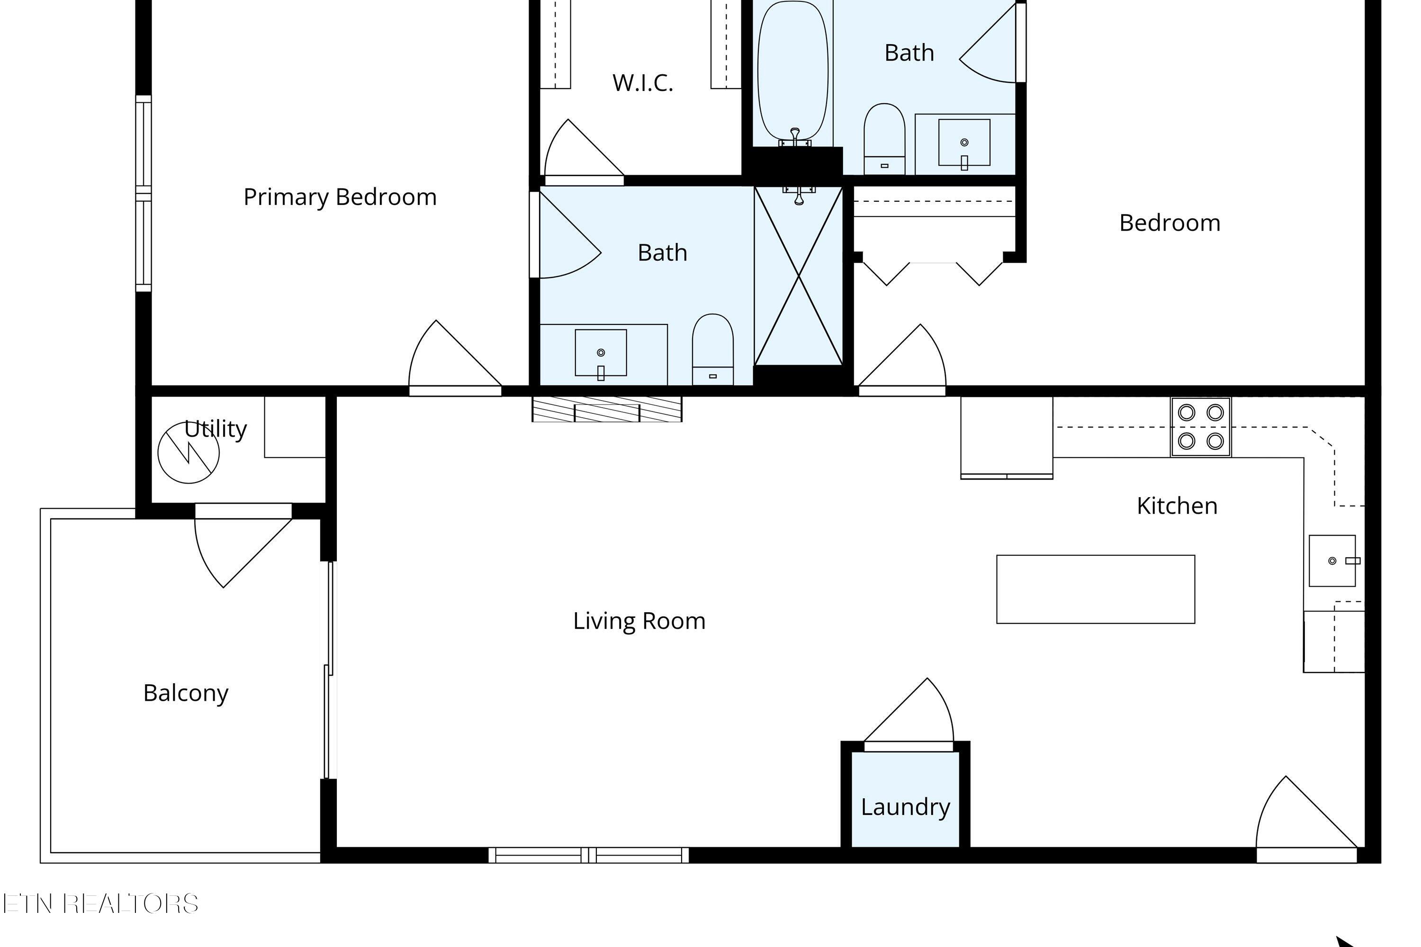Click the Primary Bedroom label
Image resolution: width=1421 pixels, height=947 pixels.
pos(340,197)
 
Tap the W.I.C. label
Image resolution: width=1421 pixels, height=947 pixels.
pos(643,83)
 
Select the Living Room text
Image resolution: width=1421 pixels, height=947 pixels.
pos(639,621)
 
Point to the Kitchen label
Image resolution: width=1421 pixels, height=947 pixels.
pos(1177,506)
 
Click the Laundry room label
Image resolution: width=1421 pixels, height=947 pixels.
pos(905,807)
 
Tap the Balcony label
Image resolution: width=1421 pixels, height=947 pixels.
pos(186,693)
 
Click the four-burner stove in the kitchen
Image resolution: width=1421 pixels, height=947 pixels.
pos(1201,427)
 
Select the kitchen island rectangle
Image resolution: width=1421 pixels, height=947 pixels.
pos(1095,589)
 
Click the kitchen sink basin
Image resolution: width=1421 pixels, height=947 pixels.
pos(1332,561)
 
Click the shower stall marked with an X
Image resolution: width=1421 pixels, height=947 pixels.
pos(799,276)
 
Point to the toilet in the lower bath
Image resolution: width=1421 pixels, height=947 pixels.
pos(712,349)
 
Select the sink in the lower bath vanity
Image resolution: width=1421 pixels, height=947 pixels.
pos(601,353)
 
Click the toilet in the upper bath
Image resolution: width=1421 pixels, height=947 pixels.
pos(884,138)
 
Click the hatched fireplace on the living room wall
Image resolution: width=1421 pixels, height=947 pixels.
pos(607,409)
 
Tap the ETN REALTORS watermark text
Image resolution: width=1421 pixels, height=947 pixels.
pos(100,903)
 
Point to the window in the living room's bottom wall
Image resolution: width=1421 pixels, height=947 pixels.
pos(588,855)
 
